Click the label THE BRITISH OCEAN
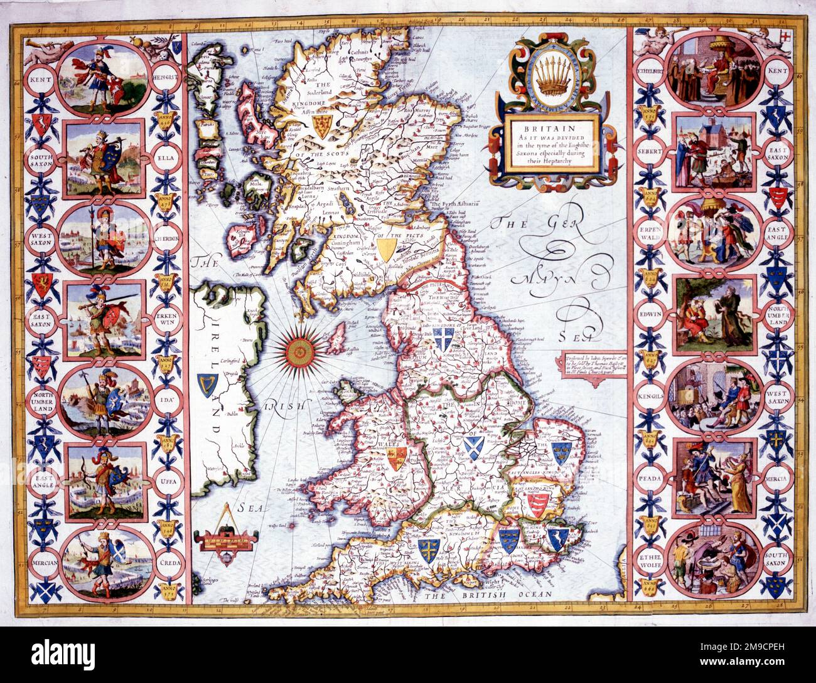[488, 593]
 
